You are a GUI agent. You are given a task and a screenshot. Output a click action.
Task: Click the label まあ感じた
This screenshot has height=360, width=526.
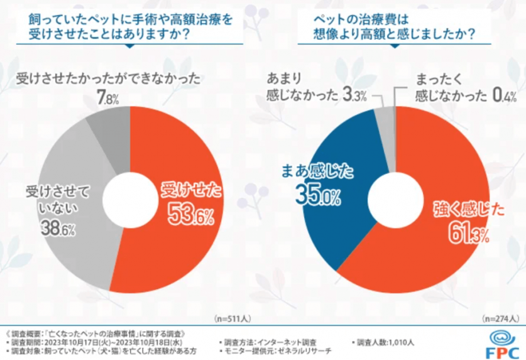point(318,170)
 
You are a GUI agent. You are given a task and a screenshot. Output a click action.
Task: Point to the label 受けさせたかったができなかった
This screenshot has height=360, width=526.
point(107,79)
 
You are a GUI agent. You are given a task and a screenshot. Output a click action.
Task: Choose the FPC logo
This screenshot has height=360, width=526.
point(501,342)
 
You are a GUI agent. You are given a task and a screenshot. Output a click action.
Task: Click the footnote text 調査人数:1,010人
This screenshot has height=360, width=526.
point(384,342)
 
